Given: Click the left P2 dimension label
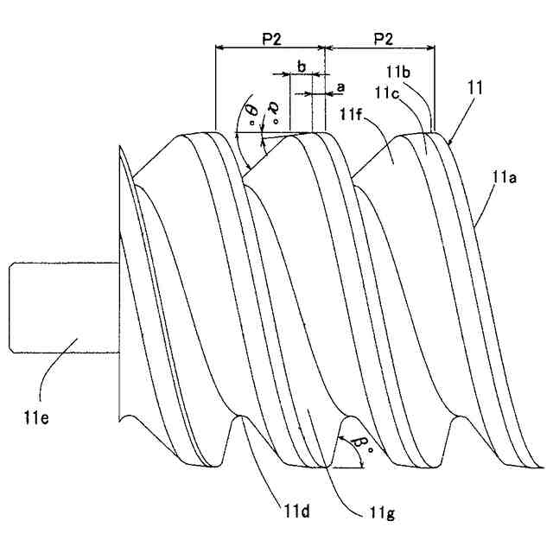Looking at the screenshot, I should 270,39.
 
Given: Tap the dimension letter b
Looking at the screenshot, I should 301,66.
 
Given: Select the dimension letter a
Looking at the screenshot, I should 340,87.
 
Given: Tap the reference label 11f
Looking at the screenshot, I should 352,112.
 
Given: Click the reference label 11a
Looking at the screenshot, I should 505,179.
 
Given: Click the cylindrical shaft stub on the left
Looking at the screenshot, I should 60,307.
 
